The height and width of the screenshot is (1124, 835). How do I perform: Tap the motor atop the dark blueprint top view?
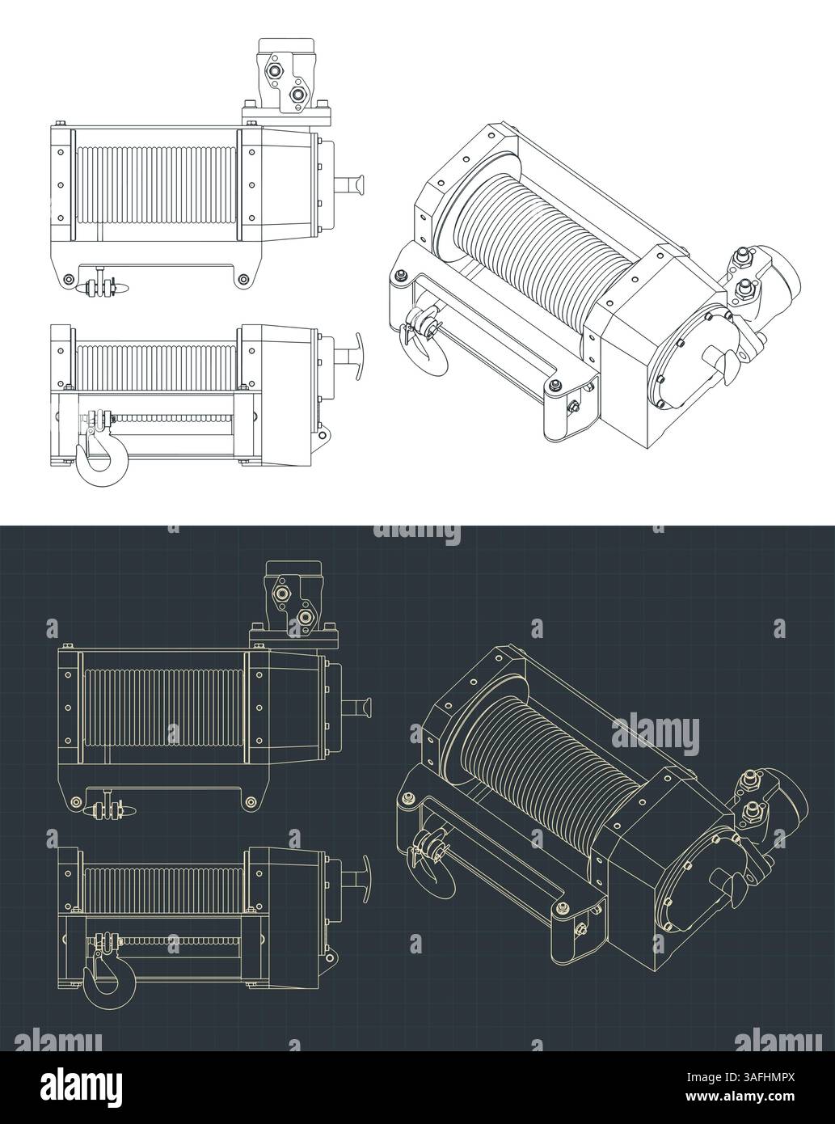293,604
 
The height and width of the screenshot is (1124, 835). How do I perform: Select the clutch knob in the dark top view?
361,712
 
